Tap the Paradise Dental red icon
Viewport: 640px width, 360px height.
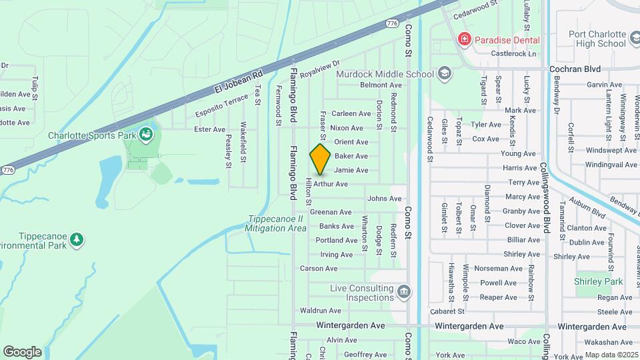click(x=463, y=40)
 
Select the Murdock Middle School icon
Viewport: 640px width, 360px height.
click(x=444, y=73)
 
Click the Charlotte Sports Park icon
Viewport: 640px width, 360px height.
click(x=145, y=135)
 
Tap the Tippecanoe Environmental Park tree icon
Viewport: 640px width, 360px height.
click(x=77, y=239)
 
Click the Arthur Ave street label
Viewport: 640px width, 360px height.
click(x=331, y=184)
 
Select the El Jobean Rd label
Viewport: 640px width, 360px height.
click(x=239, y=80)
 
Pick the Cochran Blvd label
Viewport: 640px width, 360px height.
click(x=575, y=69)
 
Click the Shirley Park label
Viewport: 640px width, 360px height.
click(x=598, y=281)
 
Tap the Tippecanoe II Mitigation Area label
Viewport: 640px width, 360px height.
click(x=275, y=223)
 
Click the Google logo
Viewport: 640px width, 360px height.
click(x=22, y=351)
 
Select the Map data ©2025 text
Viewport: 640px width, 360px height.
click(x=611, y=355)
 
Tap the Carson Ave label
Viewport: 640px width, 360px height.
click(x=319, y=269)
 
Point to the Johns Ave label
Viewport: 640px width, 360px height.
click(x=385, y=199)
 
